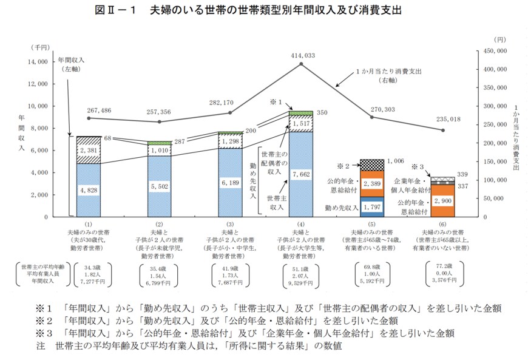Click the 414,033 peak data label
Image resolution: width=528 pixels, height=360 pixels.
click(x=302, y=55)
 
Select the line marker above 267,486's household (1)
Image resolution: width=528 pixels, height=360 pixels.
click(x=89, y=118)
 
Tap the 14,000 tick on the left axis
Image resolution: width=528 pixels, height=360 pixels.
click(x=38, y=62)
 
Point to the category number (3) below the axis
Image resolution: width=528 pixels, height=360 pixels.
click(x=231, y=225)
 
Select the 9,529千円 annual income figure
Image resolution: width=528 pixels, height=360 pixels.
click(x=302, y=283)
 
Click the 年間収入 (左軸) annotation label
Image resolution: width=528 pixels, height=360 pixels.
click(x=71, y=65)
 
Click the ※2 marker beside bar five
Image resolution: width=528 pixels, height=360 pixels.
click(x=344, y=165)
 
